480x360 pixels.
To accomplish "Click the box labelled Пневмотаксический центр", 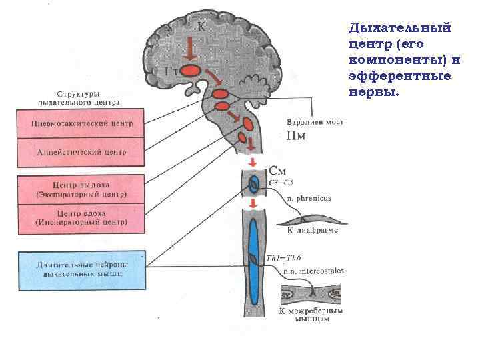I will click(x=81, y=123).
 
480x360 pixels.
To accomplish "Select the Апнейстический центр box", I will click(x=81, y=153).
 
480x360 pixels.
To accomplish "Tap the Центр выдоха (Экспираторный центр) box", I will click(x=81, y=189).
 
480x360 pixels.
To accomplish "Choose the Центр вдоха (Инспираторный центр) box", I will click(x=81, y=218).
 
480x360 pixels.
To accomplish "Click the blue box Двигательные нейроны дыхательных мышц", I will click(x=81, y=270).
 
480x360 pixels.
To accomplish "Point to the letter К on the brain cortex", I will click(x=201, y=27).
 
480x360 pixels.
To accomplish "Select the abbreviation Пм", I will click(x=296, y=137).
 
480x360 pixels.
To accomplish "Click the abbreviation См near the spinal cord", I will click(x=279, y=171).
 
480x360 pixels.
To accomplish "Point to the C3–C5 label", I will click(x=279, y=183).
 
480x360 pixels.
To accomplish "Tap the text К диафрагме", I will click(x=312, y=230).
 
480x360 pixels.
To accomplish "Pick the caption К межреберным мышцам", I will click(x=311, y=315).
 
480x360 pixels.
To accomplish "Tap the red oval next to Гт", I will click(x=192, y=69).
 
